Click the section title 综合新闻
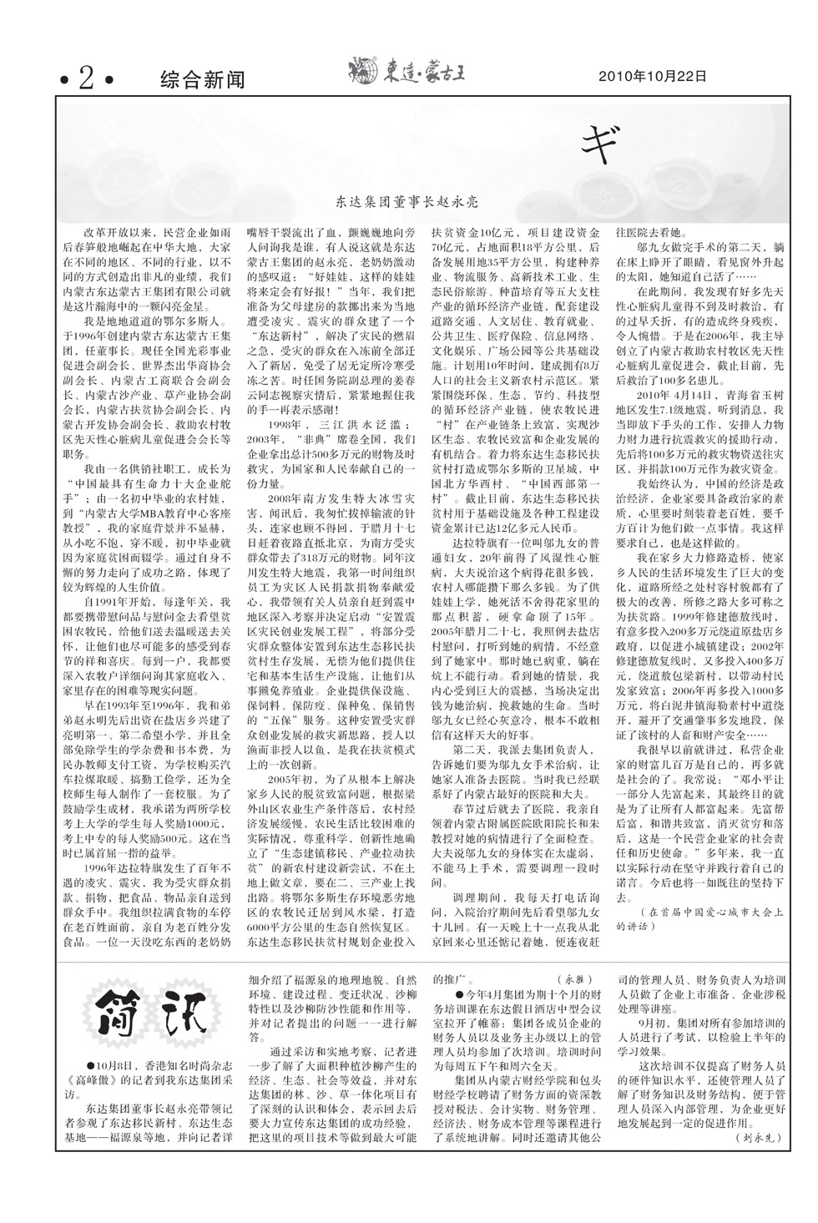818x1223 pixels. [x=202, y=79]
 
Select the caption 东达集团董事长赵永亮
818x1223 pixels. [x=406, y=202]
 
